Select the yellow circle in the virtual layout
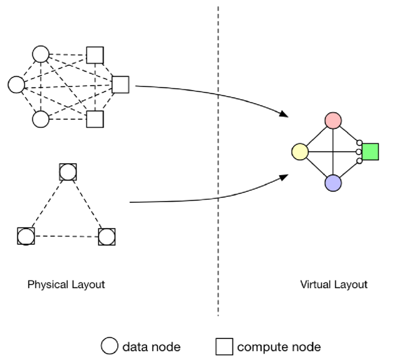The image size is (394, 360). [x=299, y=152]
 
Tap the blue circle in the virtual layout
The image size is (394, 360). [x=333, y=183]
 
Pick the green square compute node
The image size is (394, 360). [x=370, y=152]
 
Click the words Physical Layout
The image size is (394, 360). [x=66, y=284]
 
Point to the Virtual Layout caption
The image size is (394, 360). [x=333, y=284]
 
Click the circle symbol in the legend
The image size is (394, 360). [x=109, y=346]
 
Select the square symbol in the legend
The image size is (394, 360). [x=224, y=346]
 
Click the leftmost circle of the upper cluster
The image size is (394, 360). [x=16, y=85]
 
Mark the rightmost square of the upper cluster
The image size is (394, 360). [x=121, y=85]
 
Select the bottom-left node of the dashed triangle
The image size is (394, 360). [x=26, y=236]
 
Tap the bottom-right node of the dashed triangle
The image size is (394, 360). [x=106, y=236]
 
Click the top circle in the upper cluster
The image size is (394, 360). [x=40, y=55]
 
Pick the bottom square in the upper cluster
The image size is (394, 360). [x=95, y=119]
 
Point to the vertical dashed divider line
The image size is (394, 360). [x=217, y=180]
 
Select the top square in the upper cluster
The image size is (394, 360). [x=95, y=55]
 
